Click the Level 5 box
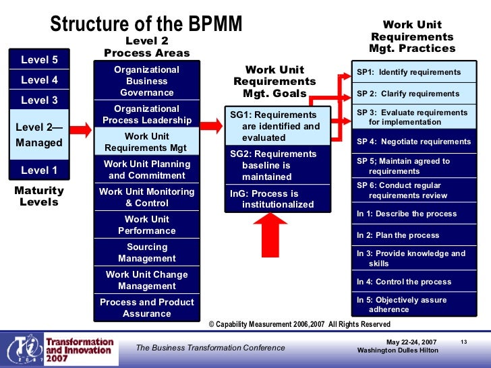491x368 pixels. point(39,59)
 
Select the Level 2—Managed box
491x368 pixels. point(39,134)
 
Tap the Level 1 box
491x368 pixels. point(39,171)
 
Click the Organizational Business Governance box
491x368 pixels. point(146,81)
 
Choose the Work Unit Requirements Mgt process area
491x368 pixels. point(146,142)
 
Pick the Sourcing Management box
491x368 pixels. point(146,253)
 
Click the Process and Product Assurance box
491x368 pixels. point(146,308)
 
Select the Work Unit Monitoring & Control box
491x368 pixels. point(146,197)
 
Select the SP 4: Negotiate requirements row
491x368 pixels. point(413,142)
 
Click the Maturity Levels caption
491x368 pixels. point(39,196)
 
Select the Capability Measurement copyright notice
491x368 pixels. point(299,324)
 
